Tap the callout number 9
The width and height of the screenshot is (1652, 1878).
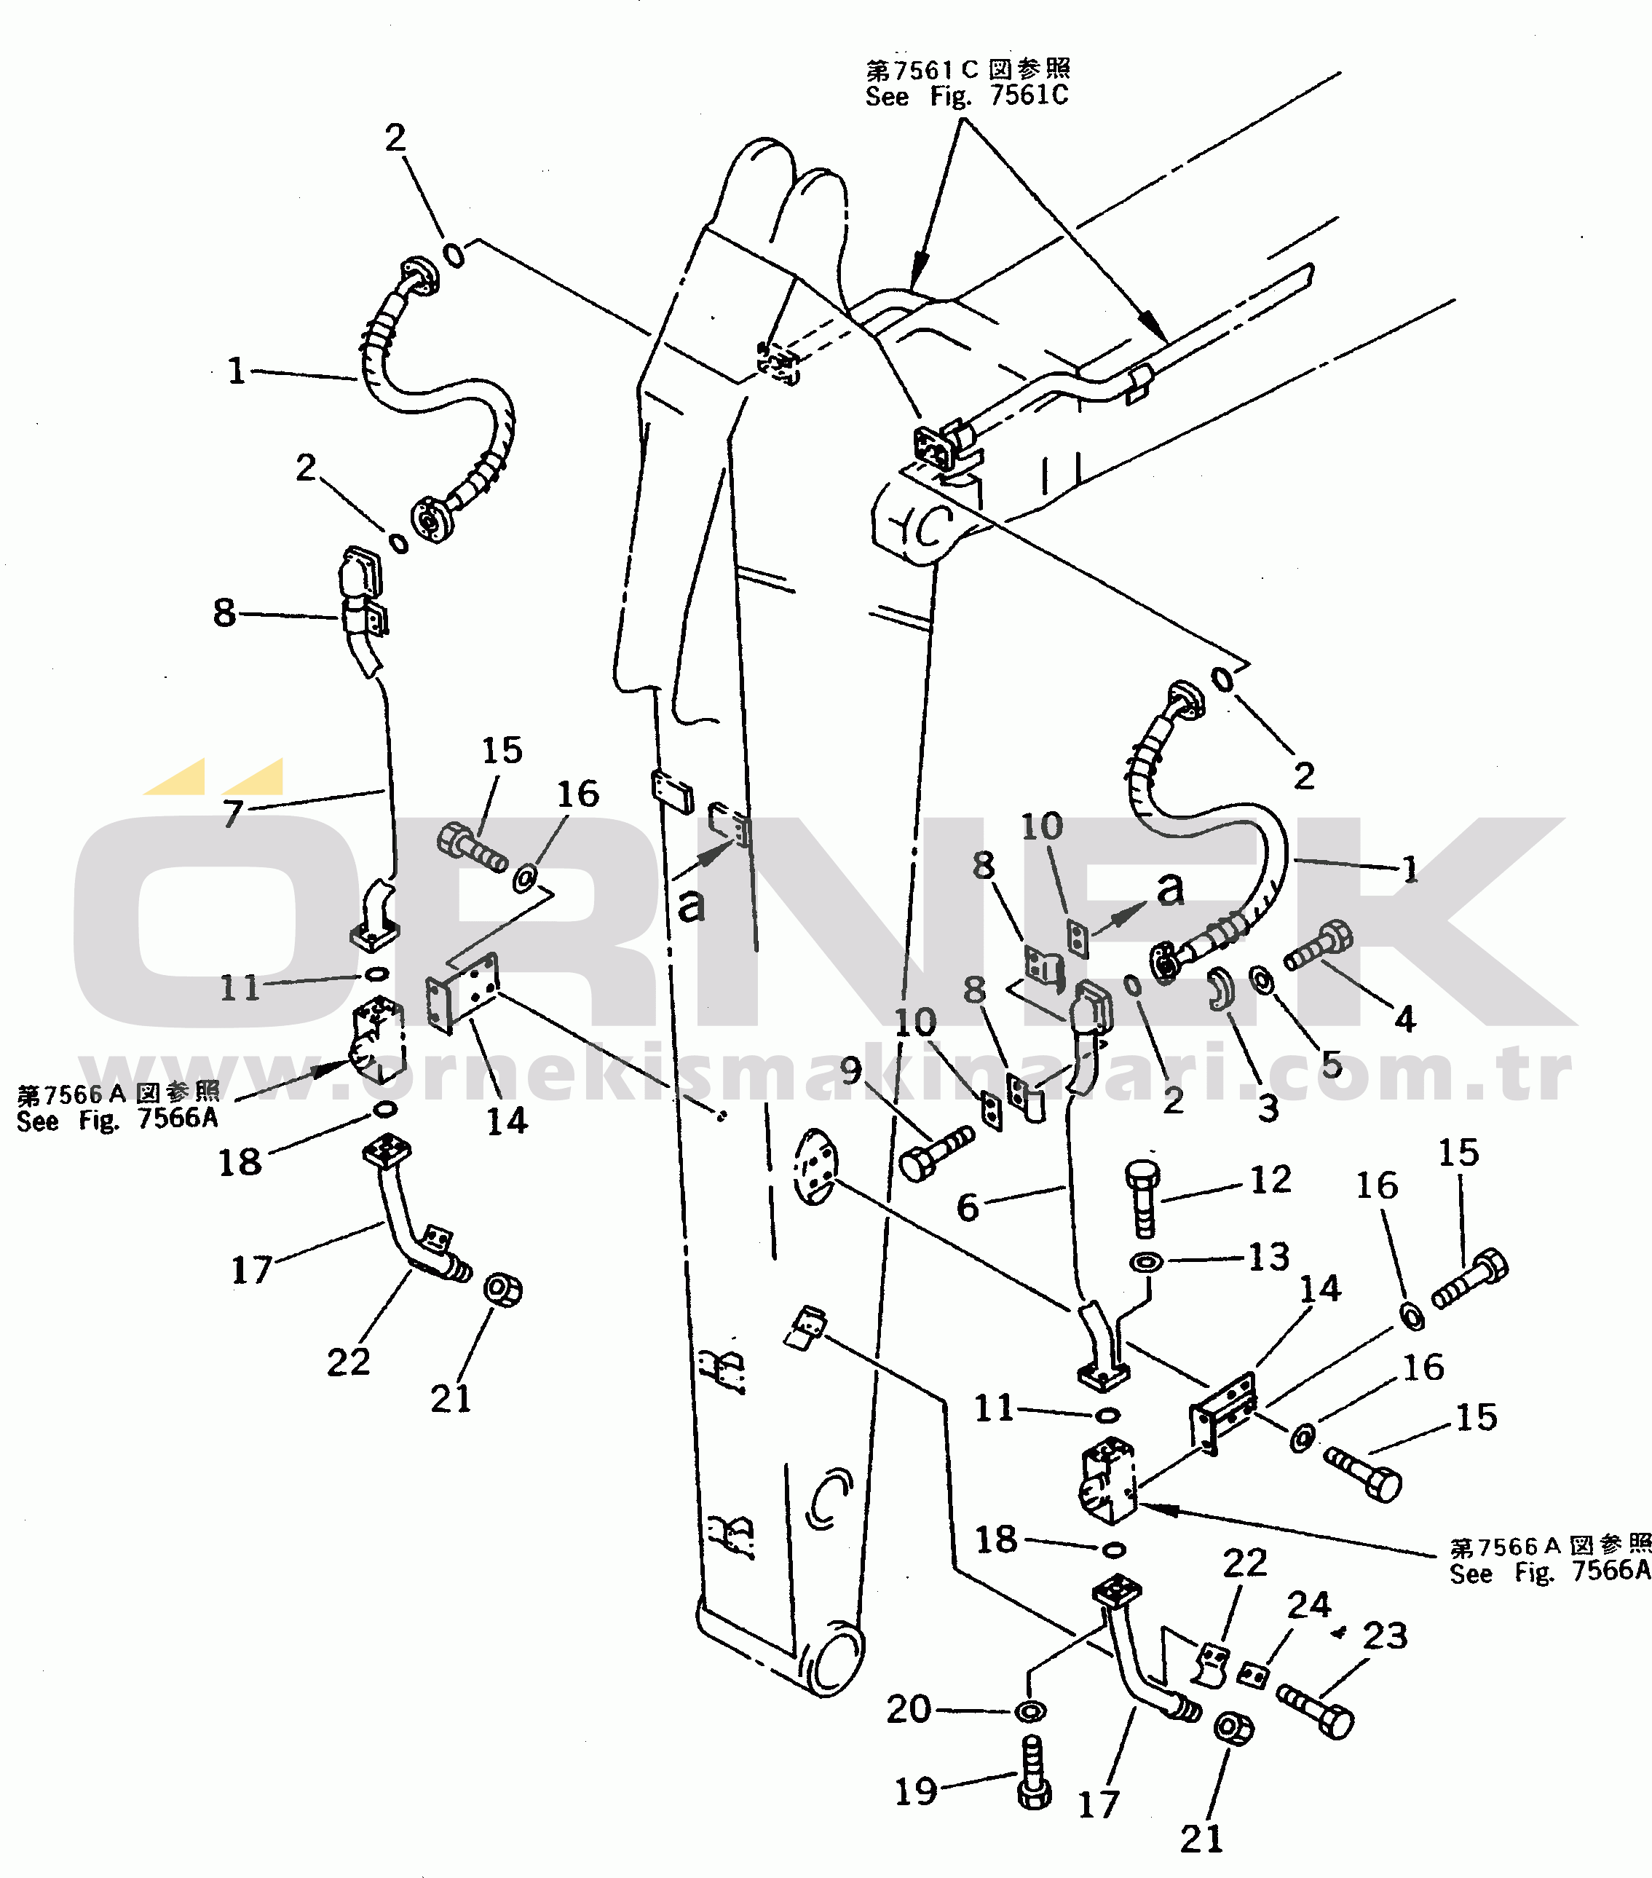[x=852, y=1070]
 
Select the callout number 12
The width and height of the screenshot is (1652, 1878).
[x=1270, y=1180]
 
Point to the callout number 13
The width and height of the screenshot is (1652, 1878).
[x=1269, y=1257]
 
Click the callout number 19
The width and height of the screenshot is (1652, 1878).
[x=916, y=1791]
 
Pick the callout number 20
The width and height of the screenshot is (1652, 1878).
[x=909, y=1709]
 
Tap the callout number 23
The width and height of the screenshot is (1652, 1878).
[x=1385, y=1636]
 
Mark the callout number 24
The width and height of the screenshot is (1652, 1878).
[x=1308, y=1604]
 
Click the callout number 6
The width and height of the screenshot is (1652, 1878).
[x=968, y=1207]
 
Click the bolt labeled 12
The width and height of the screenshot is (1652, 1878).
[x=1142, y=1198]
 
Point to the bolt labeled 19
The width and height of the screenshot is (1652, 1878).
[x=1035, y=1774]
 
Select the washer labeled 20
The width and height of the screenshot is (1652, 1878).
[x=1029, y=1711]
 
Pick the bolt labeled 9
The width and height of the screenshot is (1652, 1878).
[x=936, y=1153]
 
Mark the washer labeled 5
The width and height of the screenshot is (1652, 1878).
[x=1262, y=979]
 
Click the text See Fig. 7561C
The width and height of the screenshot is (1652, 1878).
[x=967, y=95]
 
